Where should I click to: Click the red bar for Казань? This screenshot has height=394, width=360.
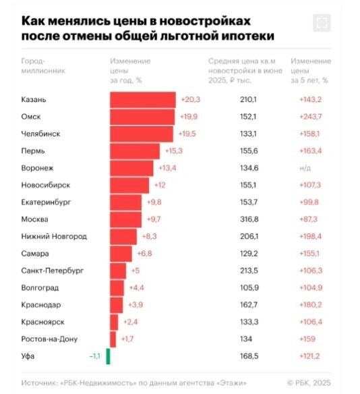(x=142, y=99)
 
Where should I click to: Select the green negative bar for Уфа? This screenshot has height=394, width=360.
(x=108, y=356)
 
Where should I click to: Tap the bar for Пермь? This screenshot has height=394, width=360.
(x=135, y=150)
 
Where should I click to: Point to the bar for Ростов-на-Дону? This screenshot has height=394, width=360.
(x=113, y=339)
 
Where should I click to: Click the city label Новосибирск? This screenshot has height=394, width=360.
(x=47, y=185)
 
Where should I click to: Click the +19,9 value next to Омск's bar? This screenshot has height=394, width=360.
(x=189, y=116)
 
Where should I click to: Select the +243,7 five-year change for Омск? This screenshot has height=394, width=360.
(x=311, y=116)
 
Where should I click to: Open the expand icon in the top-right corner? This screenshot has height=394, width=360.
(x=322, y=23)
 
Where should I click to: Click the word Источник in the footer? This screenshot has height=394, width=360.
(x=38, y=383)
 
